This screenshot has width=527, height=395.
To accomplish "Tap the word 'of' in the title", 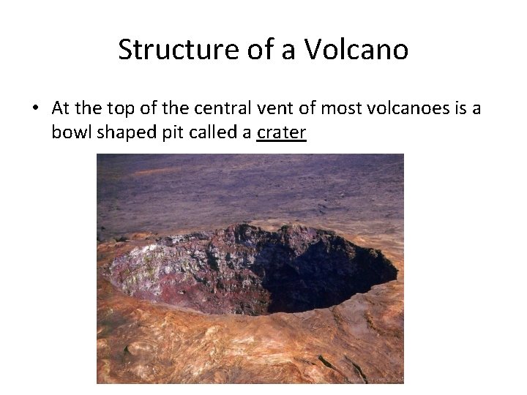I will click(x=252, y=50).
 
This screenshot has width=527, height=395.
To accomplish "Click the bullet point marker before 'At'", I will click(x=34, y=108).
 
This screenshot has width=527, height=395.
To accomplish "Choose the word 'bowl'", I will click(x=70, y=133).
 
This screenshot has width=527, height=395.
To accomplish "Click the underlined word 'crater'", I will click(x=281, y=133).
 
